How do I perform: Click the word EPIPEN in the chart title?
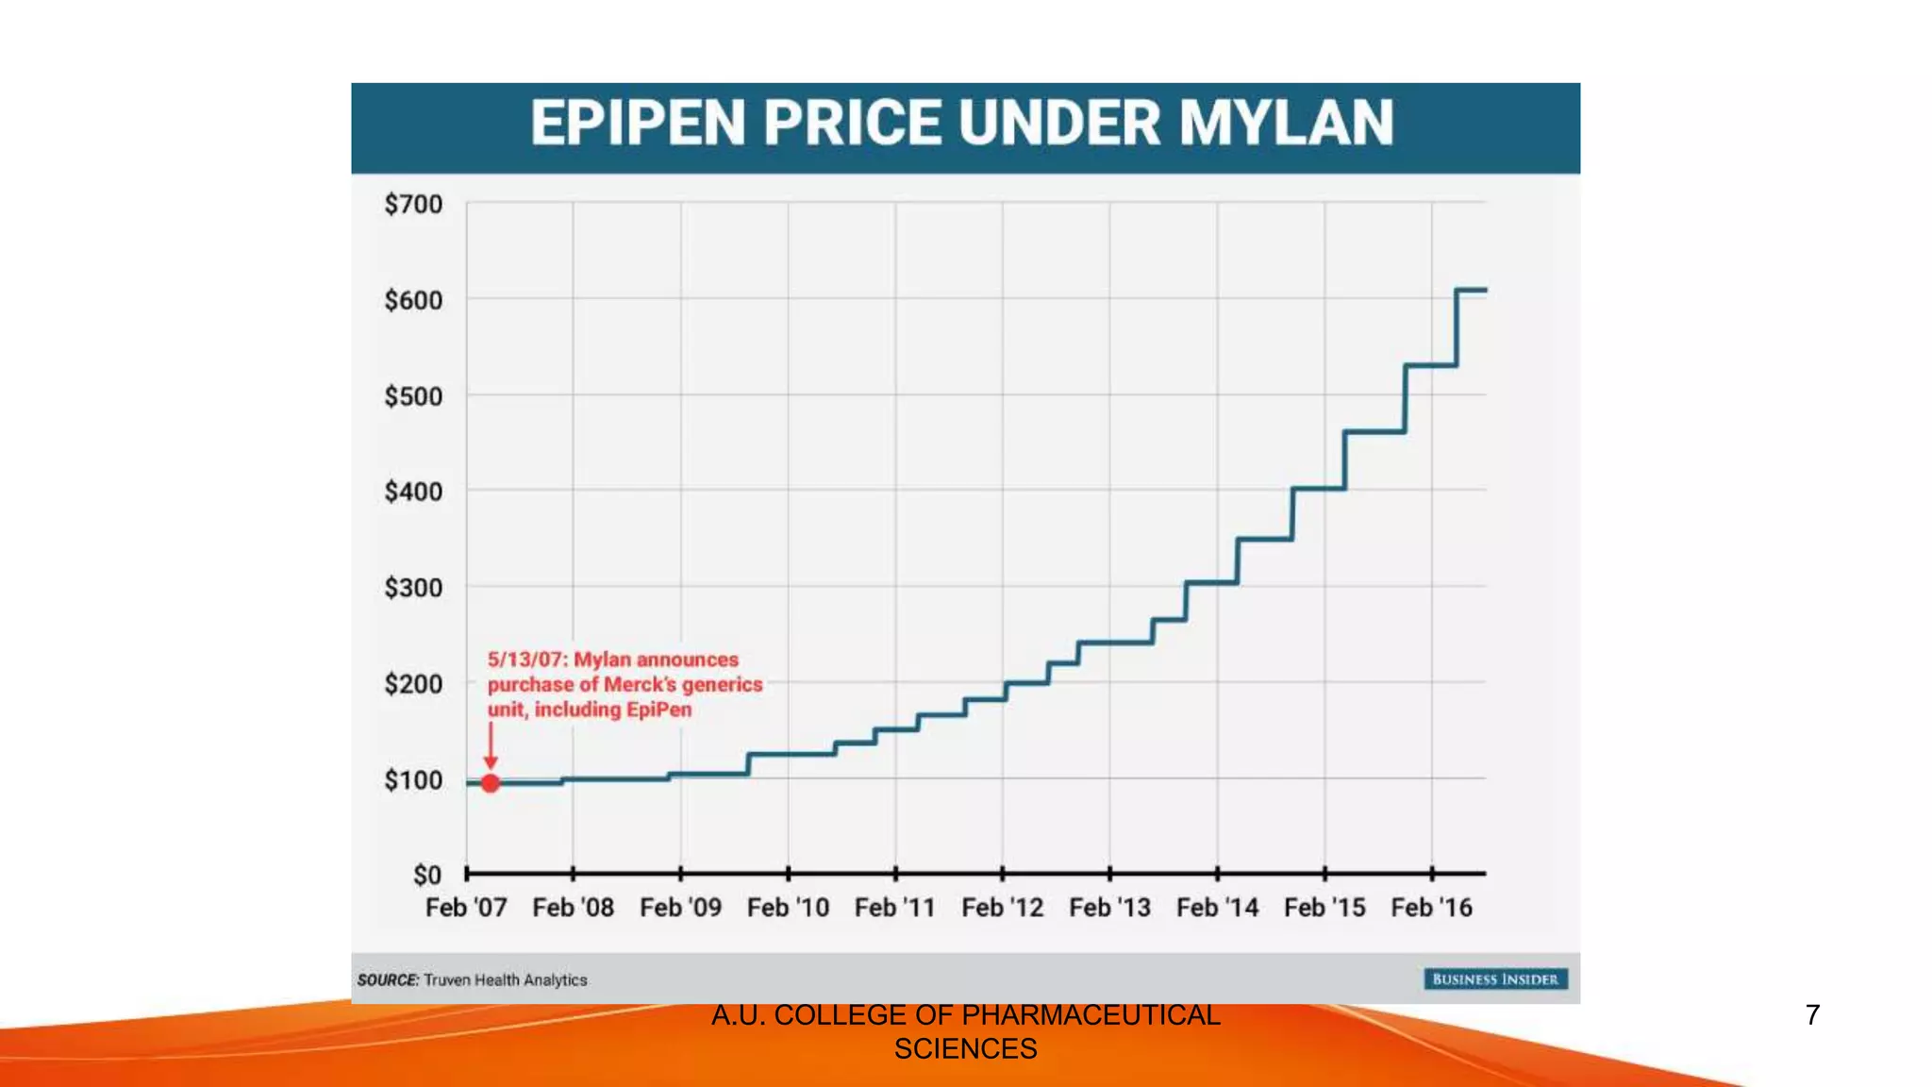[x=638, y=124]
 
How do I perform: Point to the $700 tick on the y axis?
[x=413, y=205]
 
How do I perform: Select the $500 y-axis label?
[x=413, y=396]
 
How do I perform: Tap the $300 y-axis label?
[x=413, y=588]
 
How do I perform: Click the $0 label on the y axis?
[x=426, y=876]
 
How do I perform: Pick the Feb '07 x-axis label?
[x=466, y=908]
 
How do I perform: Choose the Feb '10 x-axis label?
[x=788, y=908]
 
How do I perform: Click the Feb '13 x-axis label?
[x=1109, y=908]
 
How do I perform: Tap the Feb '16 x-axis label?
[x=1431, y=908]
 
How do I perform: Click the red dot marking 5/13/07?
[x=491, y=783]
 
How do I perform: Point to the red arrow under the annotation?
[x=491, y=745]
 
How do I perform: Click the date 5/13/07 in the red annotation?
[x=525, y=660]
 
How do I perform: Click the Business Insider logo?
[x=1495, y=979]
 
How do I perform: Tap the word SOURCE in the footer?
[x=388, y=980]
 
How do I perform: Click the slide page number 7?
[x=1812, y=1015]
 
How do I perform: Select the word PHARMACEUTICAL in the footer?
[x=1091, y=1015]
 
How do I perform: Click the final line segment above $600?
[x=1472, y=290]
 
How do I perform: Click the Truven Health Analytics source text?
[x=505, y=980]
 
